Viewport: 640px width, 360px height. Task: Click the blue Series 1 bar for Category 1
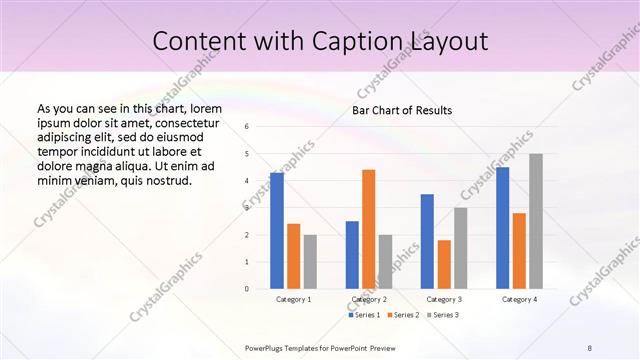(x=277, y=231)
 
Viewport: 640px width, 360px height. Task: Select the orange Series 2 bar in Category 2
(x=369, y=229)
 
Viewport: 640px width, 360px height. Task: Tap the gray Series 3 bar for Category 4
(x=536, y=221)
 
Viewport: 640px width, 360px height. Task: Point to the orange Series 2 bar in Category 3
(x=444, y=264)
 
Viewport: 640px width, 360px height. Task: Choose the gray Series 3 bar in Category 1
(x=310, y=262)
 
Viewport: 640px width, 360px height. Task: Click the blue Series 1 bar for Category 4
(x=502, y=228)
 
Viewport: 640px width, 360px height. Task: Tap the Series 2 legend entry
(x=403, y=315)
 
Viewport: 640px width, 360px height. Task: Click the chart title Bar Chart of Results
(x=402, y=110)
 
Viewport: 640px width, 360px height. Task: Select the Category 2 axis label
(x=369, y=299)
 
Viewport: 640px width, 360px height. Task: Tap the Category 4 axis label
(x=519, y=299)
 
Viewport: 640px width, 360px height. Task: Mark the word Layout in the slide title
(x=448, y=41)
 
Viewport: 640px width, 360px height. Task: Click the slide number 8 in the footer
(x=590, y=347)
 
